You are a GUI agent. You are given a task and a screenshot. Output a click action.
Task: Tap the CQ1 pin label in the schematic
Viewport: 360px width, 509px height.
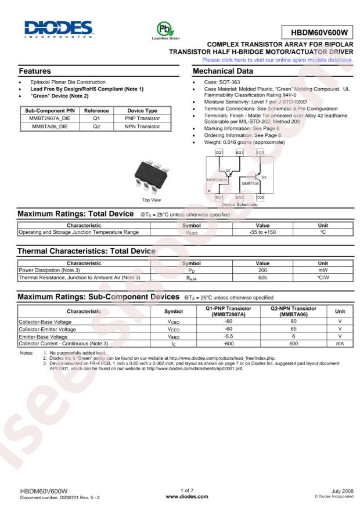[x=219, y=152]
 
